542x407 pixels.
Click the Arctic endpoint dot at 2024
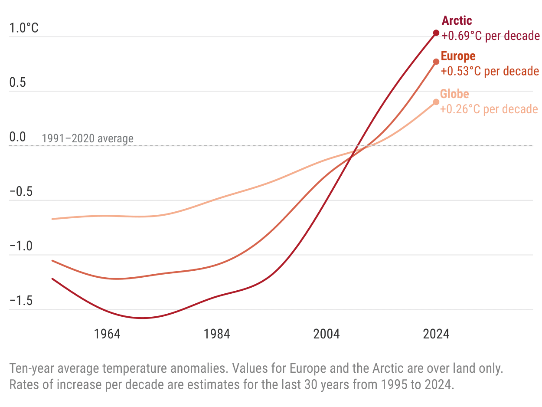tap(436, 33)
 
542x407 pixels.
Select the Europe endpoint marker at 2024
tap(436, 62)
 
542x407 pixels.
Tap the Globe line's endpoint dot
tap(436, 102)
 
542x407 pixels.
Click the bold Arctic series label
tap(457, 20)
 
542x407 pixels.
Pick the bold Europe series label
tap(458, 56)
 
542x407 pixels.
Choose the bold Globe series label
tap(454, 94)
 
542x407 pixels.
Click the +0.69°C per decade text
tap(490, 36)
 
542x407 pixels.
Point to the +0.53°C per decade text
tap(490, 71)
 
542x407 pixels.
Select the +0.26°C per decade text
tap(489, 109)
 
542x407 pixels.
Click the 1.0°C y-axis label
tap(24, 28)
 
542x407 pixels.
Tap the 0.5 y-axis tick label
tap(18, 82)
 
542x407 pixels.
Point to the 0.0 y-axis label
tap(18, 137)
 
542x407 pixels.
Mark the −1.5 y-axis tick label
tap(21, 301)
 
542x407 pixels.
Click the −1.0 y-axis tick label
tap(21, 246)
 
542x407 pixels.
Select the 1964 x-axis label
tap(107, 334)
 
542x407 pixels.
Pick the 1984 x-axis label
tap(217, 334)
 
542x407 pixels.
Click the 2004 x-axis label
tap(327, 334)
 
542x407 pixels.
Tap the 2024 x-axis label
tap(436, 334)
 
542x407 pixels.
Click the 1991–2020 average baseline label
tap(88, 139)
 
